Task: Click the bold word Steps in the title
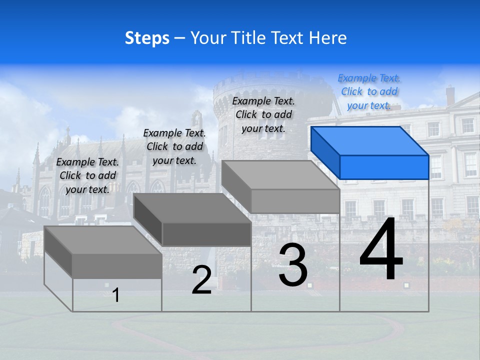pyautogui.click(x=147, y=38)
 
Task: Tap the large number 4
pyautogui.click(x=381, y=249)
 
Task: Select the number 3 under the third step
pyautogui.click(x=293, y=265)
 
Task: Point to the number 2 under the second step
pyautogui.click(x=201, y=280)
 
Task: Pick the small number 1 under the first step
pyautogui.click(x=116, y=295)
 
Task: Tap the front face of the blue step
pyautogui.click(x=384, y=167)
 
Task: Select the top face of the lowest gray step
pyautogui.click(x=103, y=239)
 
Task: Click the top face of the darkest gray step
pyautogui.click(x=192, y=207)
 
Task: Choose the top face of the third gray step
pyautogui.click(x=280, y=174)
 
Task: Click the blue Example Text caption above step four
pyautogui.click(x=369, y=91)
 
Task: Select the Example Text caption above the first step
pyautogui.click(x=87, y=175)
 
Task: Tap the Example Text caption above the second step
pyautogui.click(x=174, y=146)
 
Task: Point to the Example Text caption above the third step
pyautogui.click(x=263, y=114)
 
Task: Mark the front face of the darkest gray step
pyautogui.click(x=206, y=234)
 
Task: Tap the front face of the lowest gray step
pyautogui.click(x=117, y=266)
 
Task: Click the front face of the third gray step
pyautogui.click(x=295, y=201)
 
